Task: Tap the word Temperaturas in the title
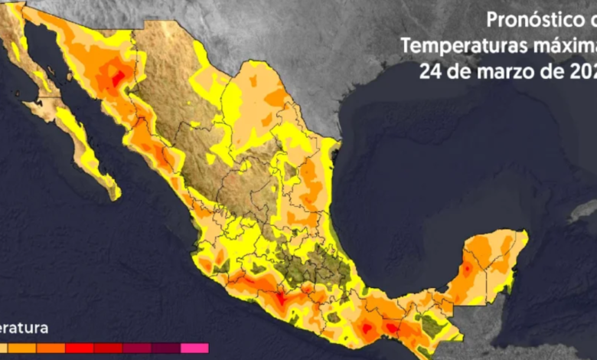coord(455,46)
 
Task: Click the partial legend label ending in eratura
coord(24,328)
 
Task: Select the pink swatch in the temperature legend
coord(194,349)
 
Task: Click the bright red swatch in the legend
coord(80,349)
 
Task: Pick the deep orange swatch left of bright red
coord(52,349)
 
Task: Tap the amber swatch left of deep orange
coord(24,349)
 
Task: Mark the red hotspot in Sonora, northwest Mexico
coord(117,78)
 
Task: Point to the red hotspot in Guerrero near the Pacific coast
coord(283,297)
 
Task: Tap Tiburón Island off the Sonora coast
coord(70,77)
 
